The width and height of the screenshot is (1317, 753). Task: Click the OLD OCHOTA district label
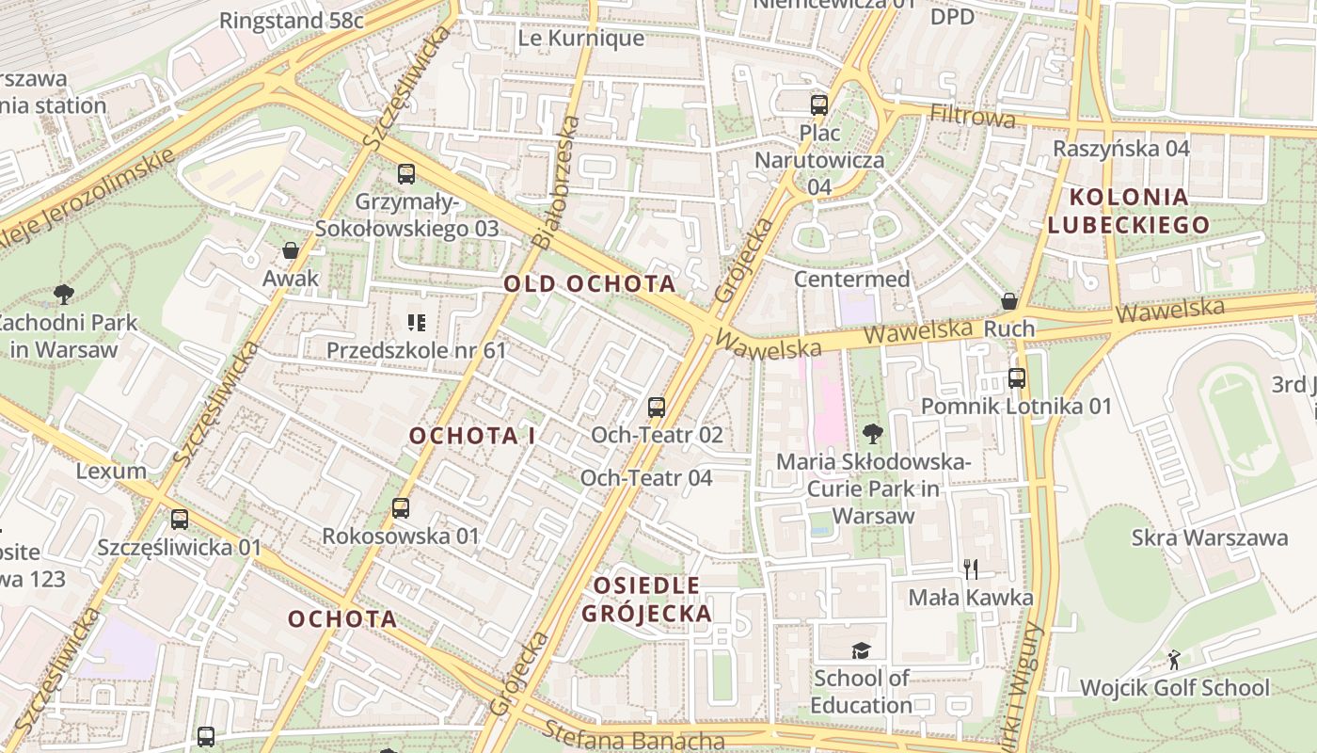pos(589,283)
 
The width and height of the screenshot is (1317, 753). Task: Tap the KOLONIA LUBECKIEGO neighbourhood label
pos(1128,211)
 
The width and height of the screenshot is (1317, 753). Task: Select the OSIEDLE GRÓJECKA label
pos(646,600)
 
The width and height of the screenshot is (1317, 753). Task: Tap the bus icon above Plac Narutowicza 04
pos(819,104)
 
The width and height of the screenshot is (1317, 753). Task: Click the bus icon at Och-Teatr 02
pos(657,408)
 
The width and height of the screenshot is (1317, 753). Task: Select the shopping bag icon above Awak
pos(291,250)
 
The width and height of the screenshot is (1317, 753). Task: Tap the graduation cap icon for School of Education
pos(861,650)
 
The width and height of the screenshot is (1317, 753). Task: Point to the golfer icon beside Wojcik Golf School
pos(1173,659)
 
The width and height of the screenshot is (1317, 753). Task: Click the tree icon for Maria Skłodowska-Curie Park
pos(873,434)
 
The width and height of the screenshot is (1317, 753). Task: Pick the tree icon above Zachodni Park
pos(64,295)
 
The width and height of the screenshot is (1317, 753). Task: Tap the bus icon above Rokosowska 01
pos(401,508)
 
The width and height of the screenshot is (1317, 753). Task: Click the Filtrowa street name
pos(973,117)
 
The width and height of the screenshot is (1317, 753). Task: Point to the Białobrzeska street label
pos(556,182)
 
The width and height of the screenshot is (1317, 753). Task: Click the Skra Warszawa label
pos(1209,537)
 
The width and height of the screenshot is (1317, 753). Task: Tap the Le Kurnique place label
pos(581,39)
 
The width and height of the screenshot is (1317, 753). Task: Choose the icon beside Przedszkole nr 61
pos(417,324)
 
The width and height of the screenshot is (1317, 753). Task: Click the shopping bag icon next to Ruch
pos(1009,301)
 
